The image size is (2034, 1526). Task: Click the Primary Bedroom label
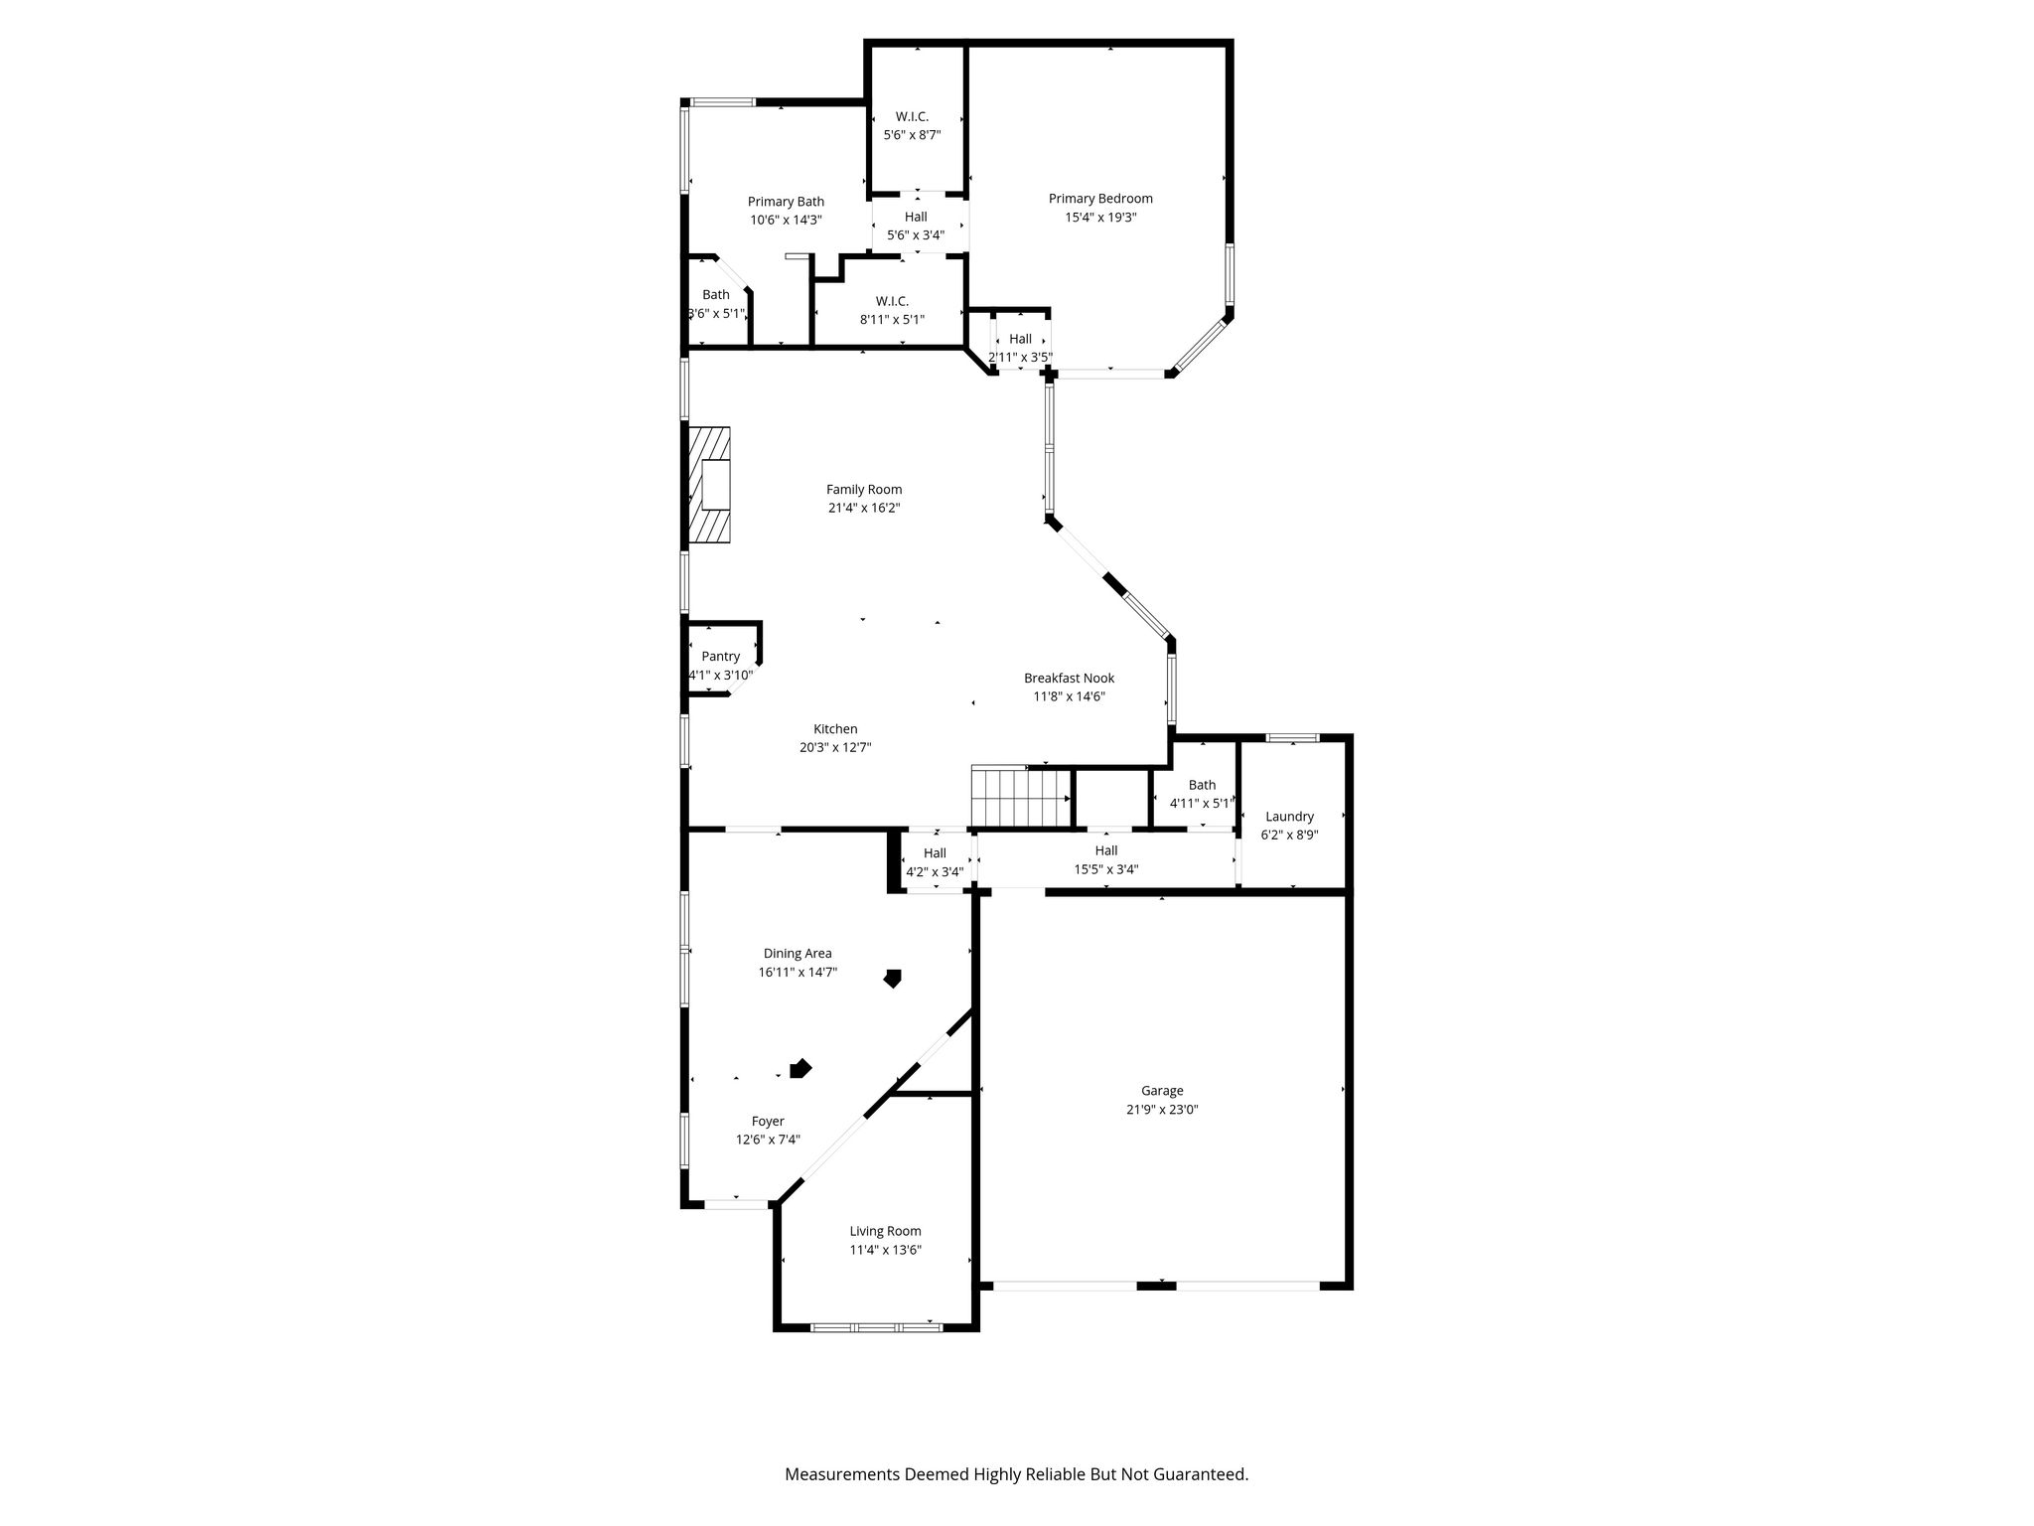pyautogui.click(x=1100, y=199)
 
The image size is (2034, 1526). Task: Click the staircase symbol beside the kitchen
pyautogui.click(x=1021, y=797)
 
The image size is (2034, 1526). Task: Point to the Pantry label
pyautogui.click(x=721, y=657)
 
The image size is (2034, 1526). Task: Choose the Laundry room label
pyautogui.click(x=1289, y=817)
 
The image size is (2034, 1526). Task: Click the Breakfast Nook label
pyautogui.click(x=1070, y=679)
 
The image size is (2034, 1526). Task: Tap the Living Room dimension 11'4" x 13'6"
pyautogui.click(x=885, y=1250)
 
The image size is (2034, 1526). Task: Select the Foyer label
pyautogui.click(x=768, y=1122)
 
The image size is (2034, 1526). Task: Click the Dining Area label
pyautogui.click(x=798, y=954)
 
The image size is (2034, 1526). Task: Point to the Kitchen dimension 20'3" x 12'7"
pyautogui.click(x=835, y=747)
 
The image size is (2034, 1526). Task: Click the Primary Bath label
pyautogui.click(x=786, y=202)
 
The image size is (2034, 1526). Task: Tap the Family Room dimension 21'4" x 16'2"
pyautogui.click(x=864, y=508)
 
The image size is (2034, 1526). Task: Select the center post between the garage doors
pyautogui.click(x=1156, y=1286)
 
